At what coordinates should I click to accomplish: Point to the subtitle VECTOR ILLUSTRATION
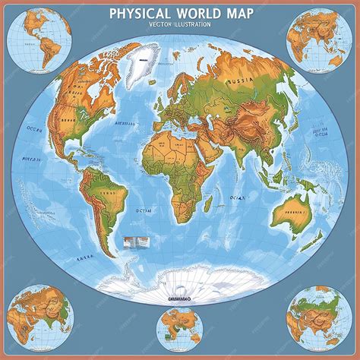tap(179, 24)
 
